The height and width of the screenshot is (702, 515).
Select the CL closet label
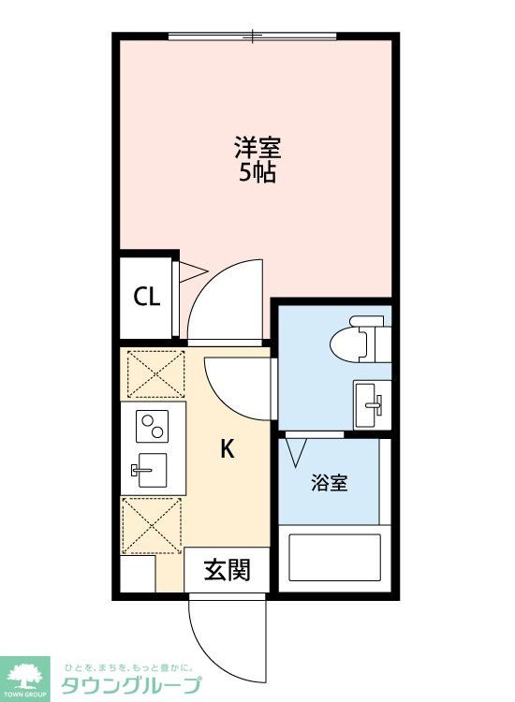point(147,298)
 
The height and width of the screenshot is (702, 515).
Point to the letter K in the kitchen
point(228,449)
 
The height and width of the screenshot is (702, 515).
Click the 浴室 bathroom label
point(330,483)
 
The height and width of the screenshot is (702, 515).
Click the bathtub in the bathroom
point(334,559)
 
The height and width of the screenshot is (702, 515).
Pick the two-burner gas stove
point(150,428)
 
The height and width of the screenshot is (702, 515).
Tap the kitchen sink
point(149,470)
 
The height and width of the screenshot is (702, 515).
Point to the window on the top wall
point(253,37)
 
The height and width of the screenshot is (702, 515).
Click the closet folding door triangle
point(191,272)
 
